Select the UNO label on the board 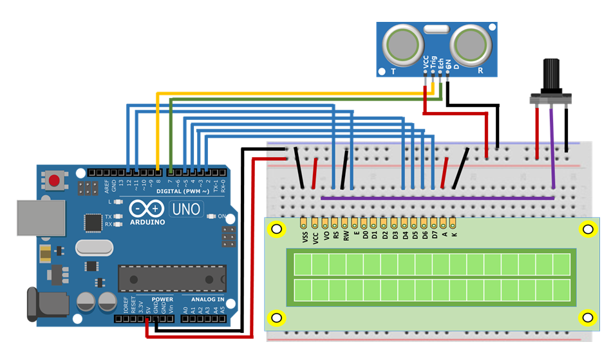(x=186, y=209)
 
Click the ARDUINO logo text (x=146, y=222)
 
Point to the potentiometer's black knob (x=550, y=76)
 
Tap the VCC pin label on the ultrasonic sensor (x=426, y=62)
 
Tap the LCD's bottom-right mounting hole (x=587, y=317)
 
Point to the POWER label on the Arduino (x=162, y=299)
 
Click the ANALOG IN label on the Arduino (x=207, y=299)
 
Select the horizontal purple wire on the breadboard (x=438, y=198)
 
